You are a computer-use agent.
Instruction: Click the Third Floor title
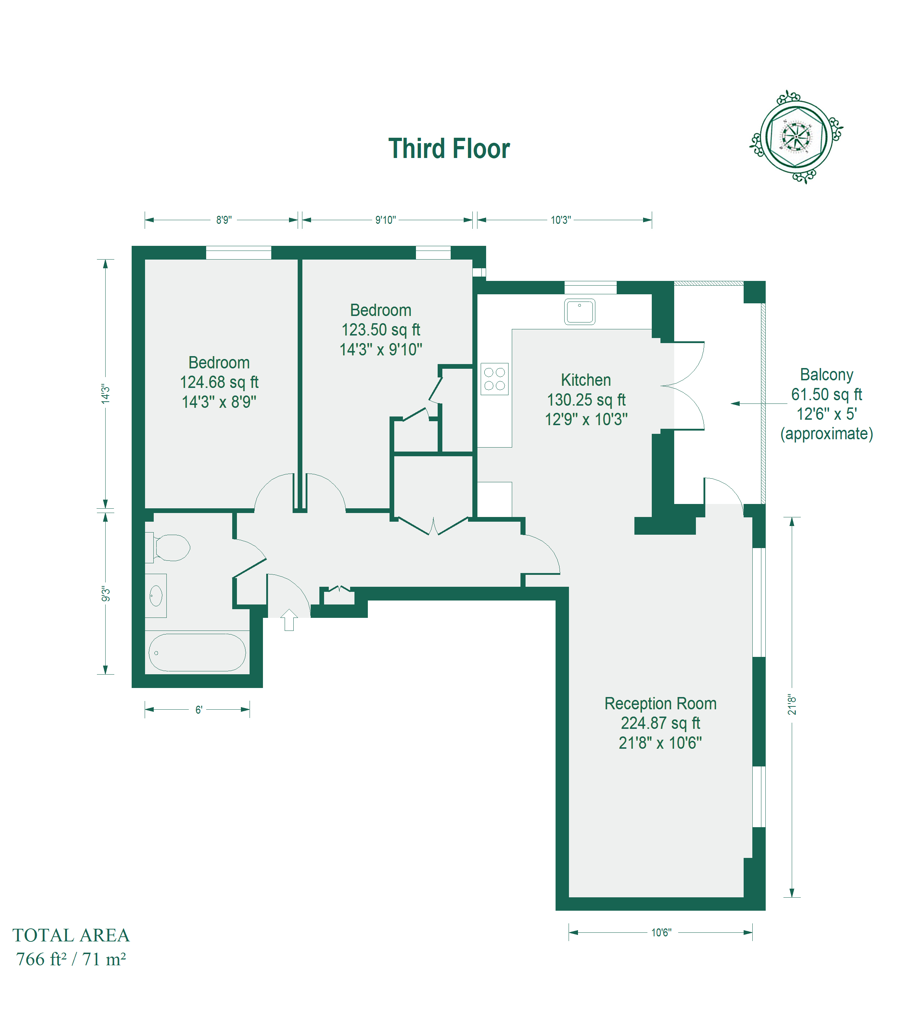coord(449,149)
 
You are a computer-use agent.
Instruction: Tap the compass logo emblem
coord(796,137)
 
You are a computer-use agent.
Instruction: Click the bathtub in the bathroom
coord(197,652)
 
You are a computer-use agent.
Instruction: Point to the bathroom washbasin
coord(156,595)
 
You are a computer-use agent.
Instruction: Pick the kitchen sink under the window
coord(580,312)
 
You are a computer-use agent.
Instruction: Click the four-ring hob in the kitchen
coord(494,379)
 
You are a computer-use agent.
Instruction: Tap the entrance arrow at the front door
coord(289,620)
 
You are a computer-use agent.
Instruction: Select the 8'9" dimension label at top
coord(224,220)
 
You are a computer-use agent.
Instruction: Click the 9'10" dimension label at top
coord(386,220)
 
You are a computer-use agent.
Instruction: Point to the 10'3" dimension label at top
coord(561,220)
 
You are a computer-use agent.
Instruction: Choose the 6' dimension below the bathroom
coord(199,710)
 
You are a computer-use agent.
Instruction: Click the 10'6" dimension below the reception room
coord(661,932)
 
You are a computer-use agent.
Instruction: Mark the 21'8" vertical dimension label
coord(792,704)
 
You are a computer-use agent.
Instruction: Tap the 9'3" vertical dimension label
coord(106,594)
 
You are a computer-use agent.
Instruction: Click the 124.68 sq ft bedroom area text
coord(219,382)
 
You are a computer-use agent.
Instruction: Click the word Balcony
coord(826,375)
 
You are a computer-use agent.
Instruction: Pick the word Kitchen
coord(586,380)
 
